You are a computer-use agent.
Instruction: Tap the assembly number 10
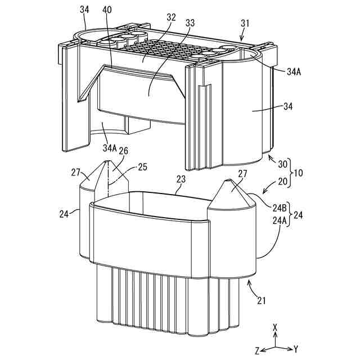point(298,173)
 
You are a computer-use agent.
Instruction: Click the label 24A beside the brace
point(280,221)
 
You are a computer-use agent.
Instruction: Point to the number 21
point(261,301)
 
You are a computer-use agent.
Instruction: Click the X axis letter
point(274,327)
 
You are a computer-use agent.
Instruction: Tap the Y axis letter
point(296,349)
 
